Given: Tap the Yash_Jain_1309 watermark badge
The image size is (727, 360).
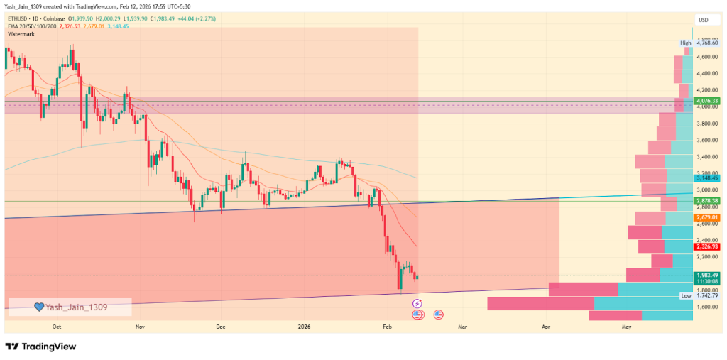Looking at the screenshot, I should [70, 307].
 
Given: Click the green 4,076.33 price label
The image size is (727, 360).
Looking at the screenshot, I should [707, 102].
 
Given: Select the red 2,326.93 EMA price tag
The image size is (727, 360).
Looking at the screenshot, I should [707, 246].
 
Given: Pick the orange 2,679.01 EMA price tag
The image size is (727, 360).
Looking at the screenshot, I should [707, 217].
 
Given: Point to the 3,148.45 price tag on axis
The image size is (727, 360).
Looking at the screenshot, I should [707, 178].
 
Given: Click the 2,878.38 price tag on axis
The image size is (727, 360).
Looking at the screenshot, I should [707, 201].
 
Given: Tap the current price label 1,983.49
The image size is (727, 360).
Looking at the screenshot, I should [707, 276].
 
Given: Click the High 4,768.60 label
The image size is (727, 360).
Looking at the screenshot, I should [699, 43].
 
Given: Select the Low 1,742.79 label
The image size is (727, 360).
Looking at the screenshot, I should [699, 295].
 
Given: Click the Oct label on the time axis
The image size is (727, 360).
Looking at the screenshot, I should [58, 327].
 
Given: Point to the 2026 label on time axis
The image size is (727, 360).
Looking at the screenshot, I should [304, 327].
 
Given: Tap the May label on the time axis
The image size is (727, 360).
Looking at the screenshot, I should [627, 327].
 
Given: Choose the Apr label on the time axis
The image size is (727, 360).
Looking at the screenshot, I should [546, 327].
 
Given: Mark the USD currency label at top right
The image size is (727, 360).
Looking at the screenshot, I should [704, 19].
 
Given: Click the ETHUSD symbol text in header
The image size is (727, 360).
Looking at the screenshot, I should [18, 19].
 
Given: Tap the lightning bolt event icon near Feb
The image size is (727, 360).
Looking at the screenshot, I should [417, 303].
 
